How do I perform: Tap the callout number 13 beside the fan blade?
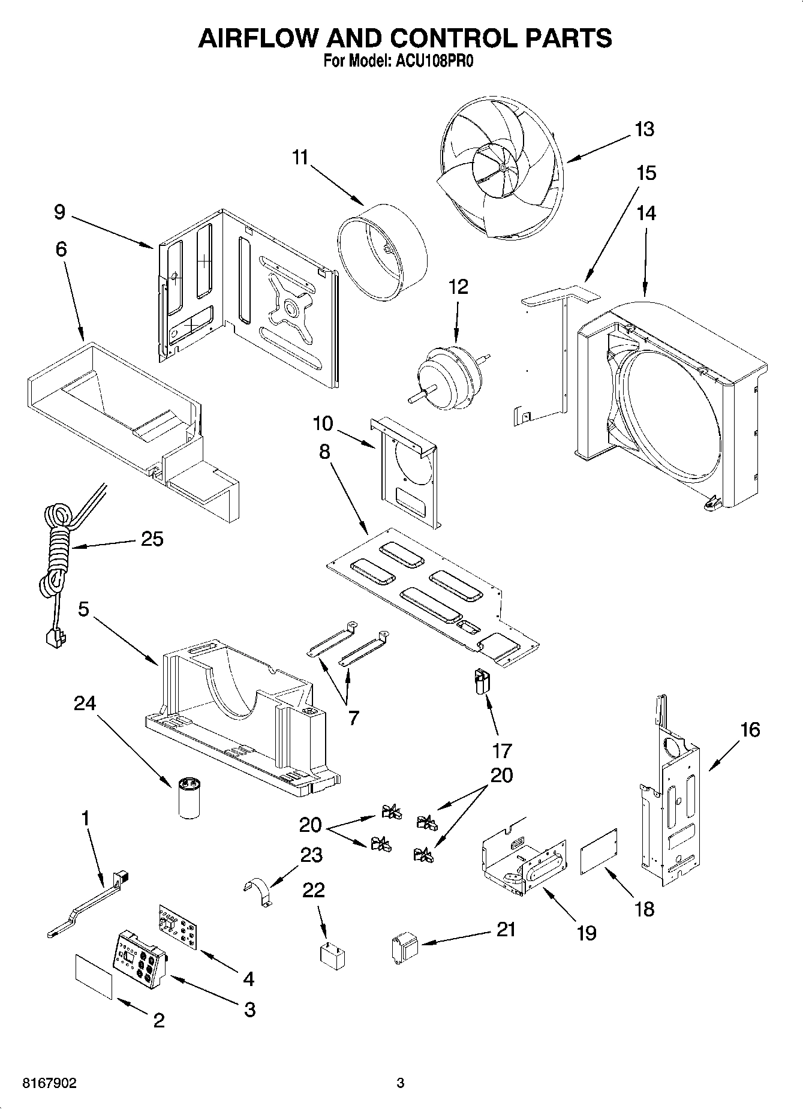point(644,129)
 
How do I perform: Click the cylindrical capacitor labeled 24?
point(189,798)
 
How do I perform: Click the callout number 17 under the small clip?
point(501,750)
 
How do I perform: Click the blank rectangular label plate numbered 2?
point(94,977)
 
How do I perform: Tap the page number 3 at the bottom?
point(401,1083)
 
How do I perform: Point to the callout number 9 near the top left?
point(59,212)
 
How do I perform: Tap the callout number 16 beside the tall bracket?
point(750,729)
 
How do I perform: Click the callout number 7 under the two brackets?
point(354,717)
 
